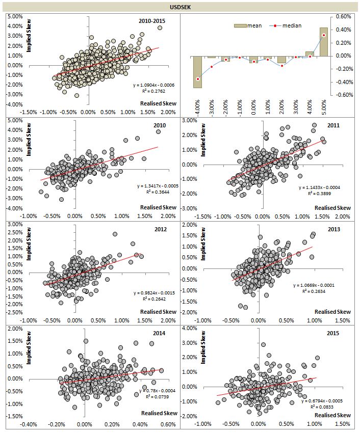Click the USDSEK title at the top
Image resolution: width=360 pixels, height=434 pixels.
coord(179,7)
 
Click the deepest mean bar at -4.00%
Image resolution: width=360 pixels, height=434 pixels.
coord(197,72)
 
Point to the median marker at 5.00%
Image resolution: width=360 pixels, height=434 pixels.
coord(324,35)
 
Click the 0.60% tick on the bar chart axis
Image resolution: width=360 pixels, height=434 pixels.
coord(344,16)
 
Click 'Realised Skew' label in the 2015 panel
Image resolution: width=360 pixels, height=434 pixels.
coord(332,415)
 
